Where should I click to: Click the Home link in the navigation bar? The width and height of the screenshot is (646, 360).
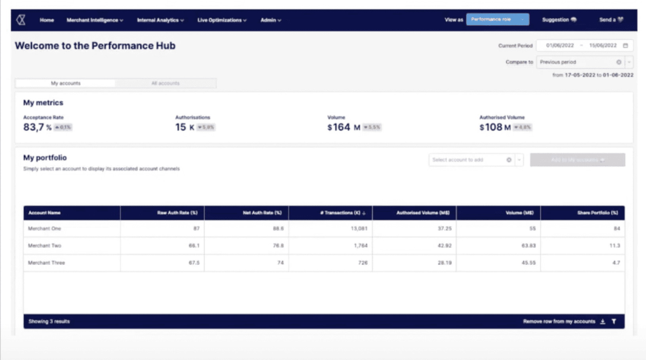click(47, 20)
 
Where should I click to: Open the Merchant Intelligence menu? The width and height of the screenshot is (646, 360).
click(95, 20)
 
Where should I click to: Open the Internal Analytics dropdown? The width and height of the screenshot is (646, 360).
click(160, 20)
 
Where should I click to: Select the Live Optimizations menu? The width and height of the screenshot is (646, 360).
click(222, 20)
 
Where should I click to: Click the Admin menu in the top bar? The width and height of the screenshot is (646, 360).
click(271, 20)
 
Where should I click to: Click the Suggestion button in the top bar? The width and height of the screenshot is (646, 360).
click(559, 20)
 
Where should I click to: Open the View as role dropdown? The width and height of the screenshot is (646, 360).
click(497, 19)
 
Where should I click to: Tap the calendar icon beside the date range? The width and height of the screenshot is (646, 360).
click(625, 45)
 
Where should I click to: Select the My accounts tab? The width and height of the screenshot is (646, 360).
click(66, 83)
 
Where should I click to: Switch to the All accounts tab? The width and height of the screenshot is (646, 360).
click(165, 83)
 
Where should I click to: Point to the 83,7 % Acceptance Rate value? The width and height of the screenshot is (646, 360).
click(37, 127)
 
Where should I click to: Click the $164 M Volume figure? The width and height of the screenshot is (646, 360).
click(344, 127)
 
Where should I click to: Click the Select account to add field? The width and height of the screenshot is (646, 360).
click(467, 160)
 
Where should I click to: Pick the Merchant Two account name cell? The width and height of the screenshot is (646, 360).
click(45, 246)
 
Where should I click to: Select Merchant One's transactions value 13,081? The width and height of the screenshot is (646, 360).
click(359, 229)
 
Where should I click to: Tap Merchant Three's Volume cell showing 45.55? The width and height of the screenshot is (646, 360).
click(528, 263)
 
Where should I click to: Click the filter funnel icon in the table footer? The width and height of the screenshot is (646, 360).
click(614, 322)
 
